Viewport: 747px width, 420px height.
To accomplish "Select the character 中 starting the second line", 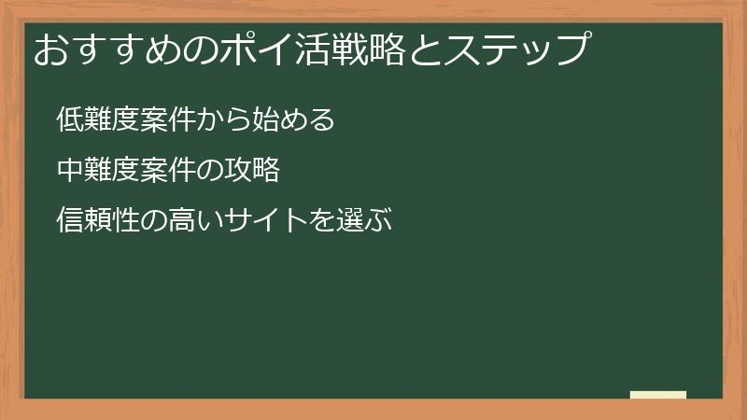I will point(69,170).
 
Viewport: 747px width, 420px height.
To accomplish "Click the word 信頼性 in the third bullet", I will point(97,220).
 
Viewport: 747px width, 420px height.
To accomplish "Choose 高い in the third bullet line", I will point(195,220).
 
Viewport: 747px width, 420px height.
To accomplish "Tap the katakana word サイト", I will point(265,220).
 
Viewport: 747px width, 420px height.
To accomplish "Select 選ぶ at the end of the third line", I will point(363,220).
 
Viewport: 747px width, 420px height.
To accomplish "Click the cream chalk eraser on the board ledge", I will point(657,395).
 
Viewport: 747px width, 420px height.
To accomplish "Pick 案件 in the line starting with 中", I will point(167,170).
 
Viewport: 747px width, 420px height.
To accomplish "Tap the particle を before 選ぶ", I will point(321,220).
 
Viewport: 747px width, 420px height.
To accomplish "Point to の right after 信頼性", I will point(153,220).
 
